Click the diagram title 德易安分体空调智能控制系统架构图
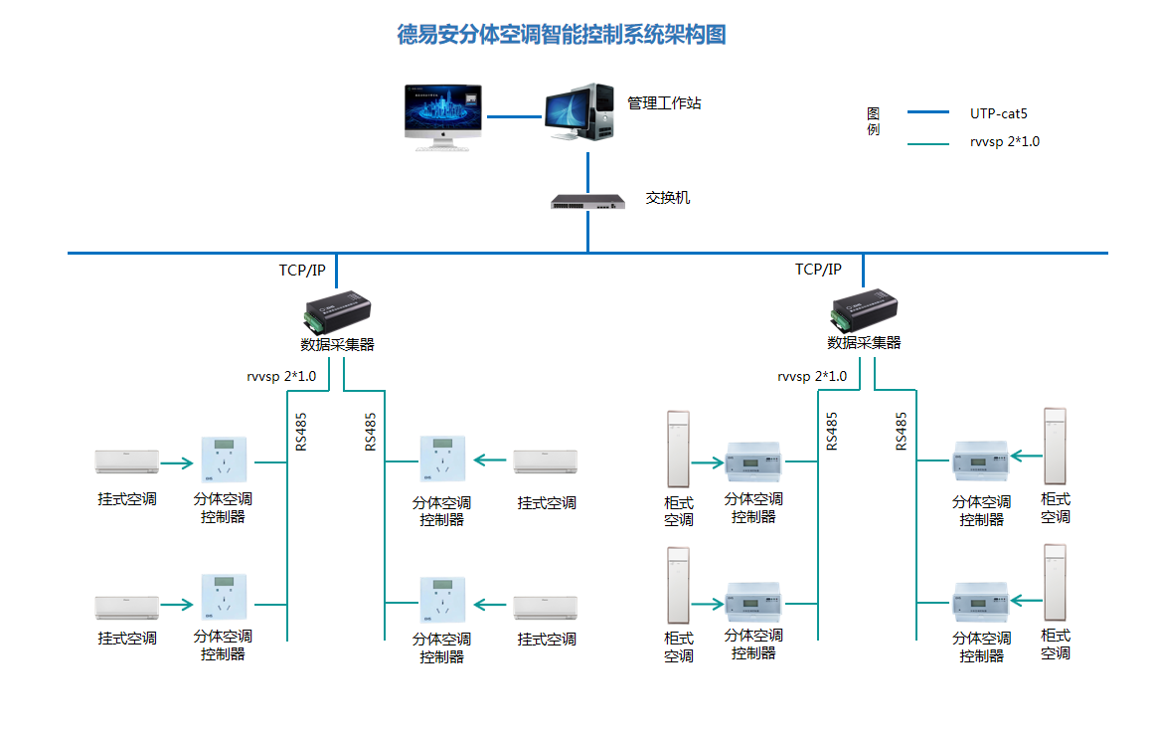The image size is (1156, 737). coord(562,35)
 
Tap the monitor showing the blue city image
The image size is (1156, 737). coord(443,114)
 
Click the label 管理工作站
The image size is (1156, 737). coord(664,102)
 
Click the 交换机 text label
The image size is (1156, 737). coord(668,198)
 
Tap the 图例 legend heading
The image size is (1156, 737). coord(873,121)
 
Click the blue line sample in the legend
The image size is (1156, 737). coord(929,113)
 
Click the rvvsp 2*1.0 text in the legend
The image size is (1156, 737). coord(1005,141)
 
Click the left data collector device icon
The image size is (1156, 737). coord(337,311)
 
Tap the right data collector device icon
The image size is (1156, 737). coord(864,311)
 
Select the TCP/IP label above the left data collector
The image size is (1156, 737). coord(302,270)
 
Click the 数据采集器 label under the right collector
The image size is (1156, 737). coord(864,342)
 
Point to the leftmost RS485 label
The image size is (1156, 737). coord(301,432)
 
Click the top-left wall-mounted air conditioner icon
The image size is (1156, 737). coord(126,461)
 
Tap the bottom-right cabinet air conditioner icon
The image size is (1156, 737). coord(1054,582)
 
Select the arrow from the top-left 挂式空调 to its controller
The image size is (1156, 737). coord(177,462)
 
